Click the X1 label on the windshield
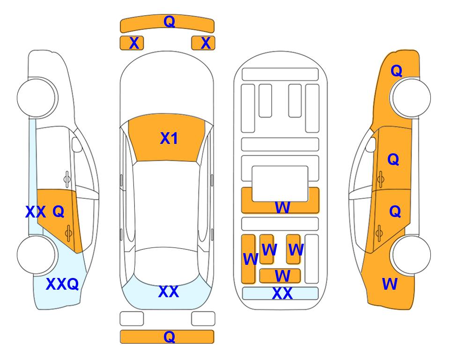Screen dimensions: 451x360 click(x=169, y=138)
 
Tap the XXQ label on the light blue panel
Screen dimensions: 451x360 click(x=62, y=284)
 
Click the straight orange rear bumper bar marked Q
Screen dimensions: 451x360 click(x=167, y=337)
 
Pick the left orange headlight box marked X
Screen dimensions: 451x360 click(x=132, y=43)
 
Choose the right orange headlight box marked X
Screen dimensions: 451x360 click(x=203, y=43)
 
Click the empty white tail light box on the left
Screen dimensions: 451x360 click(x=132, y=319)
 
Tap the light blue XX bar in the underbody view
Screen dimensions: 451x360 click(x=281, y=293)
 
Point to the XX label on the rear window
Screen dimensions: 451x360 click(x=169, y=292)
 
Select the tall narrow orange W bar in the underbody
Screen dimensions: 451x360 click(x=248, y=259)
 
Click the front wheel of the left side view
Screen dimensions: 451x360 click(x=37, y=97)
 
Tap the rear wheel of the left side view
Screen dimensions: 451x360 click(x=37, y=255)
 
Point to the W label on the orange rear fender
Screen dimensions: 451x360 click(x=390, y=284)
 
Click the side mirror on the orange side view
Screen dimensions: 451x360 click(x=370, y=144)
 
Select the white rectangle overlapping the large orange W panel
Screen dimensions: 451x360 click(x=280, y=184)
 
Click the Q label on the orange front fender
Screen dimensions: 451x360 click(x=396, y=71)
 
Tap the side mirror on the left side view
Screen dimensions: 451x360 click(x=77, y=144)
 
